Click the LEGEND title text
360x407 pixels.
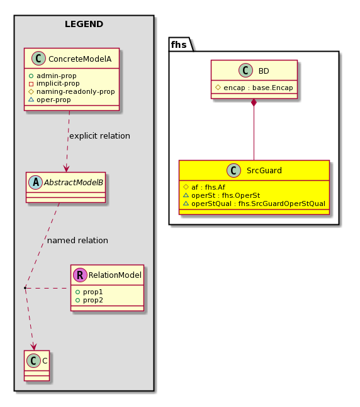tap(84, 24)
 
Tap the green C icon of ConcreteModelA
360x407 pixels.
tap(38, 59)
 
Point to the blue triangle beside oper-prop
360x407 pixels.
tap(31, 100)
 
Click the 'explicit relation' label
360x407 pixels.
tap(99, 135)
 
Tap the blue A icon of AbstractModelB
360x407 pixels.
tap(35, 182)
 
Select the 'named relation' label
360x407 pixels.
tap(77, 241)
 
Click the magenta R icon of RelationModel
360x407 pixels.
tap(80, 275)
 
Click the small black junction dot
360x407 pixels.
tap(25, 288)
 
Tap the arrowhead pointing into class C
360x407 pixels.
tap(33, 347)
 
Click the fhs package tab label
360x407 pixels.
tap(179, 45)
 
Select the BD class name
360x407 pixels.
tap(264, 71)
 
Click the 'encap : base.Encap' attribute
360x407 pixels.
tap(258, 88)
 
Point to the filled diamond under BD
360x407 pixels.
tap(254, 103)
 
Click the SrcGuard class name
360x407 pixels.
tap(264, 171)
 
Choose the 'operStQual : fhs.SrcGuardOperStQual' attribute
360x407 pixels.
tap(258, 203)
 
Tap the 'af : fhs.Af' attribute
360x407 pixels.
tap(208, 187)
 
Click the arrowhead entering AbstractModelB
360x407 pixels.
tap(66, 168)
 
